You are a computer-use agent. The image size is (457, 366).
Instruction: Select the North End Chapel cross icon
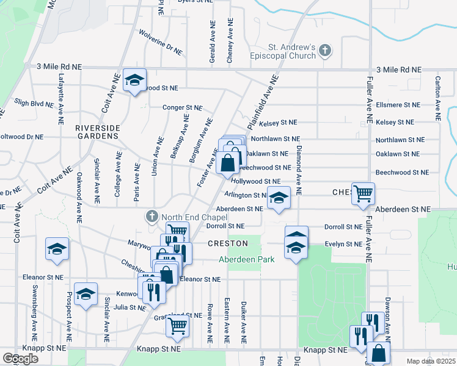pyautogui.click(x=152, y=217)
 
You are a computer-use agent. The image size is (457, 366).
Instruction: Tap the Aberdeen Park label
pyautogui.click(x=247, y=259)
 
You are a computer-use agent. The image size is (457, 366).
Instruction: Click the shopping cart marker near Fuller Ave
pyautogui.click(x=363, y=194)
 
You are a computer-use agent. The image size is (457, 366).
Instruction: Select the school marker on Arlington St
pyautogui.click(x=279, y=199)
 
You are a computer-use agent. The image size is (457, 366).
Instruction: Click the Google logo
pyautogui.click(x=20, y=359)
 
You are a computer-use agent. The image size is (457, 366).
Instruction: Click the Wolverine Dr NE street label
pyautogui.click(x=161, y=42)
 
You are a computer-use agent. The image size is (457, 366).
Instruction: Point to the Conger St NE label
pyautogui.click(x=182, y=108)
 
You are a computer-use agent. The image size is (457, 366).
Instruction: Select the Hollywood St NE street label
pyautogui.click(x=255, y=181)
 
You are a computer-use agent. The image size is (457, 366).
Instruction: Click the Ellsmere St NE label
pyautogui.click(x=398, y=105)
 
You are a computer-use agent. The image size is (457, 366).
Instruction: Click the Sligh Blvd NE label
pyautogui.click(x=34, y=104)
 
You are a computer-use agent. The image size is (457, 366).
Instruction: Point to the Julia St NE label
pyautogui.click(x=129, y=307)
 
